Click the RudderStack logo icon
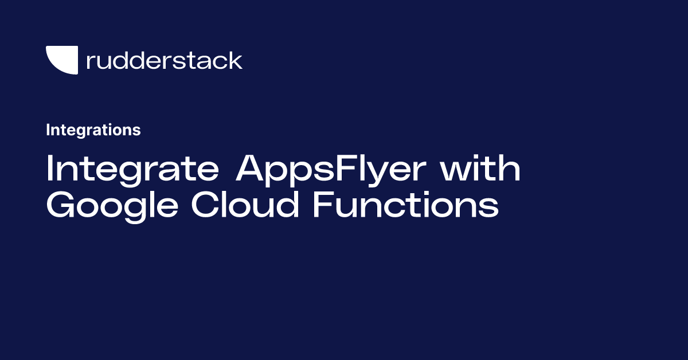point(61,60)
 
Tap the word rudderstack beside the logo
point(164,60)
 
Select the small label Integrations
point(93,130)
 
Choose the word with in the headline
point(484,170)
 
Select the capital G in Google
point(61,205)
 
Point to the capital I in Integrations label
point(48,130)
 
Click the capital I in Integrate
point(50,170)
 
